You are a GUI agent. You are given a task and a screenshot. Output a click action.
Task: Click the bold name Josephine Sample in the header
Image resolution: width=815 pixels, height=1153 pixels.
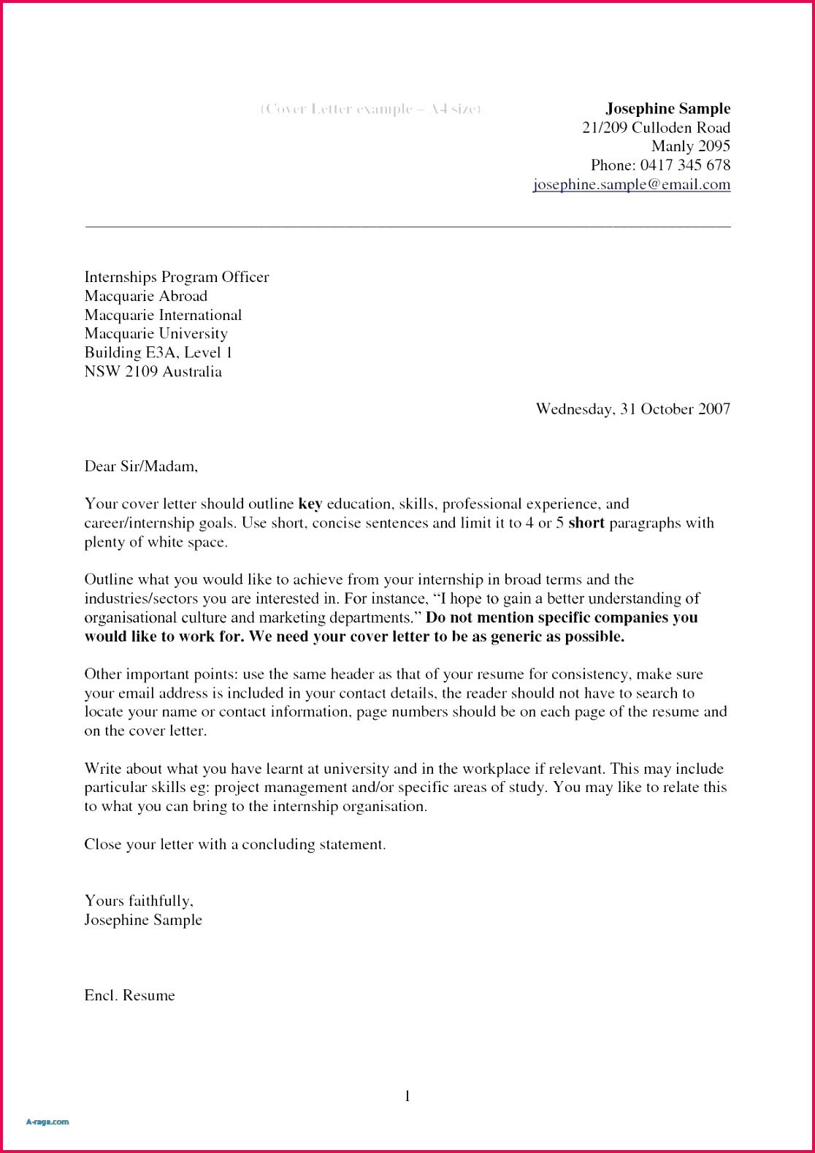click(667, 109)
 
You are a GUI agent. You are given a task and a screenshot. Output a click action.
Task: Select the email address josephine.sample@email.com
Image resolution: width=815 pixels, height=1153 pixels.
click(632, 185)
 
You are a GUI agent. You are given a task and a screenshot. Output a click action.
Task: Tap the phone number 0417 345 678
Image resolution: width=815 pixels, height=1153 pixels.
click(685, 165)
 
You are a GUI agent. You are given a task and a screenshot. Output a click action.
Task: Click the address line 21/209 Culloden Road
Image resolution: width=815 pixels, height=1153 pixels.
click(656, 128)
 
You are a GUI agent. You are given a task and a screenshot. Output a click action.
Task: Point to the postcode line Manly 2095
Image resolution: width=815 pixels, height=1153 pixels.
click(690, 146)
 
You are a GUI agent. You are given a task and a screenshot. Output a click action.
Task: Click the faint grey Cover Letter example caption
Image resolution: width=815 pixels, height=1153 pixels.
click(370, 109)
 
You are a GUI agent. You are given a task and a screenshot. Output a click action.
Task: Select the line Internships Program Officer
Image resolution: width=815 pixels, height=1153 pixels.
click(176, 277)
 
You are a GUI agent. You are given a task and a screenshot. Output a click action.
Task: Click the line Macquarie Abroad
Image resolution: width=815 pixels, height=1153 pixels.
click(145, 296)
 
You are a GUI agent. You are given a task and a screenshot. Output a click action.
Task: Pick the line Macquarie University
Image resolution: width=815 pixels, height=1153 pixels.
click(156, 334)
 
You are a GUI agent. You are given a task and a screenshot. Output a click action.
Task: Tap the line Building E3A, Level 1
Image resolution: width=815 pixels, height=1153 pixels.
click(158, 353)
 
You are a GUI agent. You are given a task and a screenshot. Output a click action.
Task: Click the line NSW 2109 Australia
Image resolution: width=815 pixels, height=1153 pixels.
click(153, 372)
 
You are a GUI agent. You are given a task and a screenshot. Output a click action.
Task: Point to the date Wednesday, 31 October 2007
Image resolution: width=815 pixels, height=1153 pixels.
click(632, 409)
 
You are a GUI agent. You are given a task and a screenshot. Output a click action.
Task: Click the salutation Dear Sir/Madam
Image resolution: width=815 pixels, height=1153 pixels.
click(141, 466)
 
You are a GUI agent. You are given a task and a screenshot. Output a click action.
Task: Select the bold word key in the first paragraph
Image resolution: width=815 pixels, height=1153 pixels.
click(310, 504)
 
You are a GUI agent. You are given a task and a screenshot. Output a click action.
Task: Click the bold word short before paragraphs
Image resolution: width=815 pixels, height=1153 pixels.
click(586, 523)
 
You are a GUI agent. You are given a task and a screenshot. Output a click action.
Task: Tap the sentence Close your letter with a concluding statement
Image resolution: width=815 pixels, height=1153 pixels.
click(234, 845)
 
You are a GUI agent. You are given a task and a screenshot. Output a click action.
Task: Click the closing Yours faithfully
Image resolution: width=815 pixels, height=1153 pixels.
click(139, 901)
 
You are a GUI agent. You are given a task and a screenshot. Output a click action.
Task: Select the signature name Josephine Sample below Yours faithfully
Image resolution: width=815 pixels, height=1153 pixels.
click(143, 920)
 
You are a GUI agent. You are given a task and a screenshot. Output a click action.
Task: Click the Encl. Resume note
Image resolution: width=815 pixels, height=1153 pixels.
click(129, 996)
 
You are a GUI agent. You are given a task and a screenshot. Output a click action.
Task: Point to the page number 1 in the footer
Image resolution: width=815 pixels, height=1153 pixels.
click(407, 1096)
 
